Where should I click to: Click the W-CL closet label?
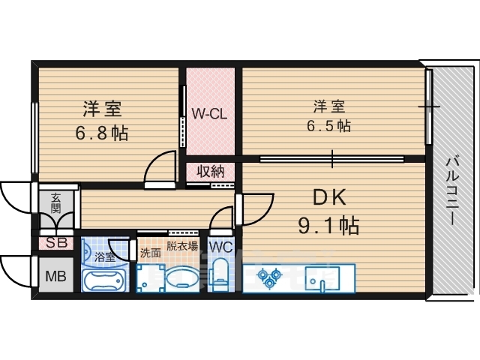pos(209,114)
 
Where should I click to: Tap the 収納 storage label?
pos(210,172)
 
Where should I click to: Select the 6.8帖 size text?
pos(102,133)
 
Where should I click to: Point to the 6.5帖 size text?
pos(328,125)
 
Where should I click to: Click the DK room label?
pos(329,198)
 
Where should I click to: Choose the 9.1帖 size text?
pos(328,226)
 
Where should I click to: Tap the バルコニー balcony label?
pos(453,190)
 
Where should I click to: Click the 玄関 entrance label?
pos(55,202)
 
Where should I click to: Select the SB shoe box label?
pos(57,243)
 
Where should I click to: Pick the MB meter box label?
pos(55,276)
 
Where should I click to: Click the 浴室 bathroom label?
pos(104,256)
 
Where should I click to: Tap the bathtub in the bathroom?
pos(103,281)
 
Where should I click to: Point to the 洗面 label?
pos(150,253)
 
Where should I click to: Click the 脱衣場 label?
pos(181,247)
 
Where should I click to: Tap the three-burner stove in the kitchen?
pos(269,277)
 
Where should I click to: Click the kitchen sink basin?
pos(322,278)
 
